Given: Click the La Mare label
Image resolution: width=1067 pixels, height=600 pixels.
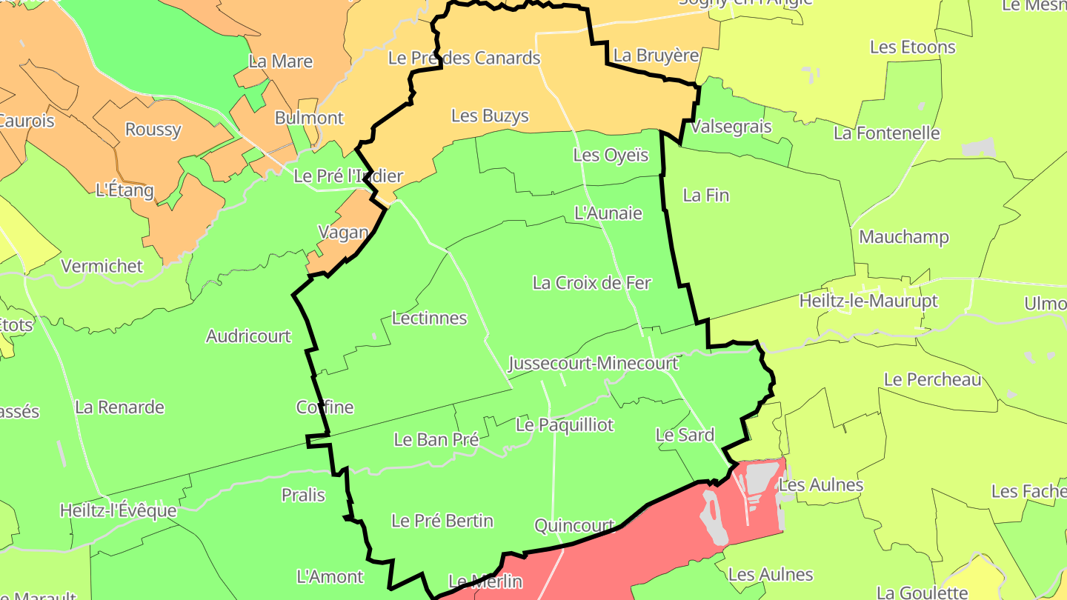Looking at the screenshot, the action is (x=281, y=61).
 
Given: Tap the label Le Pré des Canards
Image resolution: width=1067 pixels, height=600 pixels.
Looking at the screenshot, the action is (x=464, y=58).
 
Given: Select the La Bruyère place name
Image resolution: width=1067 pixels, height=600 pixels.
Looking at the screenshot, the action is (x=657, y=56).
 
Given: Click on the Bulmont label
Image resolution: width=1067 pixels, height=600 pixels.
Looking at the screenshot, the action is (x=309, y=118).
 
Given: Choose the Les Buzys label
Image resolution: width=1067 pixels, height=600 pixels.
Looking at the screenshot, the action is (x=490, y=116).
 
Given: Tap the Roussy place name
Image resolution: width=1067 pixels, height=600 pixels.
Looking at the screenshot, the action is (x=153, y=130).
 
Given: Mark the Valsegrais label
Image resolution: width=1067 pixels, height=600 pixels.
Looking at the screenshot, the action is (x=731, y=127).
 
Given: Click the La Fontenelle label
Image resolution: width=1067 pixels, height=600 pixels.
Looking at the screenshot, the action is (x=886, y=133).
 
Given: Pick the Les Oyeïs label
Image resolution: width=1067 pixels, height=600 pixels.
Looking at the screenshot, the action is (x=611, y=156).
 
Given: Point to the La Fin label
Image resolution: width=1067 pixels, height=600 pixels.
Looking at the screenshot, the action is (x=705, y=196).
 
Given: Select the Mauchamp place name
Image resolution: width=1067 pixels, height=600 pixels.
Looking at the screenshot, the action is (x=903, y=238).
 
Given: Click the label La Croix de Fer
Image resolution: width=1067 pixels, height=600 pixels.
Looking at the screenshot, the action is (x=591, y=283).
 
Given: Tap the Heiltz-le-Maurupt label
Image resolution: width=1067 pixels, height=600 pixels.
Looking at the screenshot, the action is (x=868, y=301).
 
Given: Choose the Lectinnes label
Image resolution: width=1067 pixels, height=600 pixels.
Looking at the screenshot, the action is (x=429, y=319).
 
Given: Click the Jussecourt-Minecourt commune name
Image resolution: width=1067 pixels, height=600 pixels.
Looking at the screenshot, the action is (x=593, y=364).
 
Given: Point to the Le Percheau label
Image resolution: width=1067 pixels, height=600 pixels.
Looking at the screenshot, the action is (x=932, y=380).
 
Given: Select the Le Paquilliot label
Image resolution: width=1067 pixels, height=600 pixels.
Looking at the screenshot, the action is (x=565, y=425).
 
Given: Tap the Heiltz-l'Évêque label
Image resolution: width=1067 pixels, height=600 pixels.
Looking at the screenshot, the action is (x=119, y=510).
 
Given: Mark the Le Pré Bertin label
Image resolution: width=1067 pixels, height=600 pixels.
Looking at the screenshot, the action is (x=442, y=521).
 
